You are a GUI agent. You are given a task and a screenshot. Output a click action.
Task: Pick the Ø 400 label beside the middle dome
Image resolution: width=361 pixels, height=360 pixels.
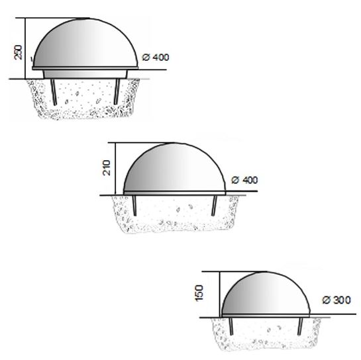pos(245,180)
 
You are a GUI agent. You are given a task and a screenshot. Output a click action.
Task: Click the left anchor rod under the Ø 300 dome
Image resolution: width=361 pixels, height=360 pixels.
pos(232,326)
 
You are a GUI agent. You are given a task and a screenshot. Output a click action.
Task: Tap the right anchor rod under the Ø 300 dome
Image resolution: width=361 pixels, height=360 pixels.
pos(299,326)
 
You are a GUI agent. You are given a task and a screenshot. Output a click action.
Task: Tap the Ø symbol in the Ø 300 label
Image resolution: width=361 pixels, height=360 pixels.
pos(326,300)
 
